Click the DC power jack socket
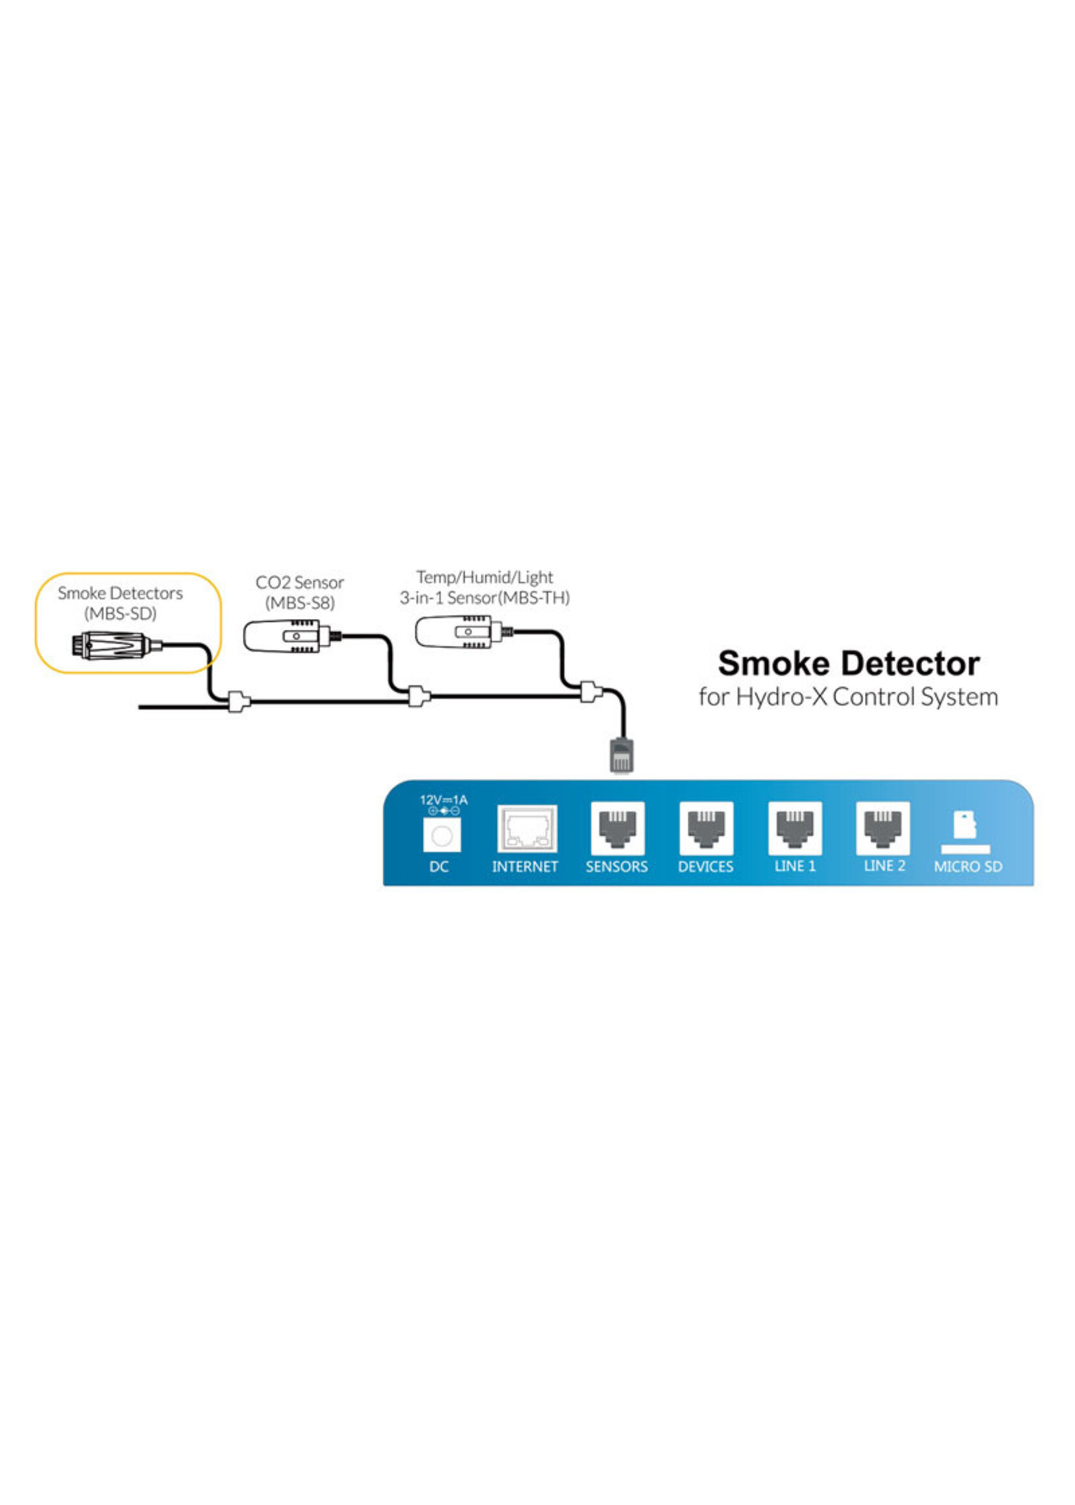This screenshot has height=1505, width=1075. (441, 835)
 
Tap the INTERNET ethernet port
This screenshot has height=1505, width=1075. (527, 828)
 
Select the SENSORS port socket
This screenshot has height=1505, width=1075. (617, 828)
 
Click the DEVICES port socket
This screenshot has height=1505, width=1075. (706, 828)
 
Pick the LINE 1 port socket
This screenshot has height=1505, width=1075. (795, 828)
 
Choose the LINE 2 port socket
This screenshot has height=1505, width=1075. (883, 828)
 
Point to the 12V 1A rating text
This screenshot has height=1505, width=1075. (444, 800)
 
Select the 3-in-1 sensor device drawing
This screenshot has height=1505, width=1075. (456, 630)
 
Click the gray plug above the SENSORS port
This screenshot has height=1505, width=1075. (620, 755)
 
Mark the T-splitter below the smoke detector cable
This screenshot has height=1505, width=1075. (239, 701)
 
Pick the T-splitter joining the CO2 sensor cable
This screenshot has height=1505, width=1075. (418, 696)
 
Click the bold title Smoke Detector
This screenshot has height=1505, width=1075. (849, 664)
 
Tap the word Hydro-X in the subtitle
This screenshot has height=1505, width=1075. (781, 697)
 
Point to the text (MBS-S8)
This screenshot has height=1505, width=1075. (300, 603)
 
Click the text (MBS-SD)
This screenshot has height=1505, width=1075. (120, 613)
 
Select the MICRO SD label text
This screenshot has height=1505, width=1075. (968, 866)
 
